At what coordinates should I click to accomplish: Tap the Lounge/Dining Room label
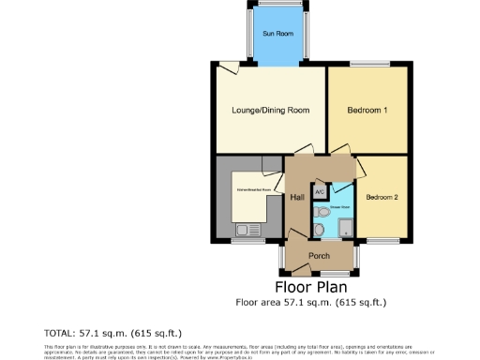(x=270, y=111)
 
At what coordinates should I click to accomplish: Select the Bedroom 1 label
(x=367, y=111)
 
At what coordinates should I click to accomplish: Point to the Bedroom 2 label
(x=382, y=198)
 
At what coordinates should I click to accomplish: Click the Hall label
(x=297, y=198)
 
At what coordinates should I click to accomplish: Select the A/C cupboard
(x=320, y=191)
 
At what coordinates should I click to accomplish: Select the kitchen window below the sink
(x=247, y=242)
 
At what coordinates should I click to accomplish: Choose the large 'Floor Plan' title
(x=310, y=286)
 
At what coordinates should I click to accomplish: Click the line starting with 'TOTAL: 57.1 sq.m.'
(x=113, y=333)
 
